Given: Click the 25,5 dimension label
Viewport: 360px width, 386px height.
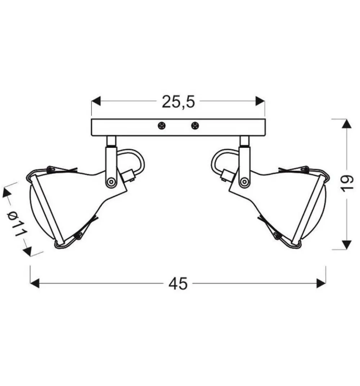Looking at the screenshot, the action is [178, 102].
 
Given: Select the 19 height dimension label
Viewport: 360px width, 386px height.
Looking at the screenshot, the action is [347, 182].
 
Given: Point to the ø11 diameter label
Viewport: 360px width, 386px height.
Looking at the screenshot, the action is [17, 223].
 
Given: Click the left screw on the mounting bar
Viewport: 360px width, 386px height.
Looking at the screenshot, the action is [162, 126].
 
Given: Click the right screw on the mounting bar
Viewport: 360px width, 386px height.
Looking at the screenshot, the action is [195, 126].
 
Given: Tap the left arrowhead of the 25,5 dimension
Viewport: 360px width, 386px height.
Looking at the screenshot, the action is [96, 101].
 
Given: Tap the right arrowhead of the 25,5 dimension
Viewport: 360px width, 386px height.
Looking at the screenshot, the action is [260, 101].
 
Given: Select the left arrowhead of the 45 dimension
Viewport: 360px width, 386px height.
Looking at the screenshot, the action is [35, 283].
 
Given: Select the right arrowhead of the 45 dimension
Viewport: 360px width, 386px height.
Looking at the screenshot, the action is [321, 283].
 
